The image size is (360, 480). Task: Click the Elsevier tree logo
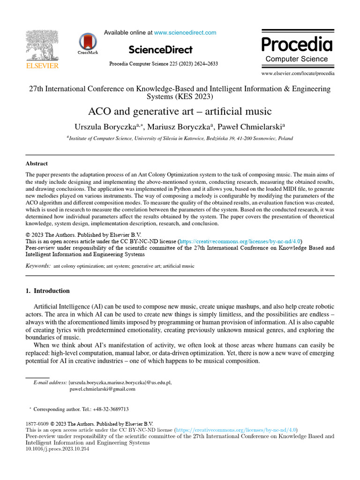click(42, 47)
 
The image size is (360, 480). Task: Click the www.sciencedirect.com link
click(185, 33)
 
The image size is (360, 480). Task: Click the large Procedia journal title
click(296, 45)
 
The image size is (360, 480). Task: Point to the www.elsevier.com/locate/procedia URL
click(298, 74)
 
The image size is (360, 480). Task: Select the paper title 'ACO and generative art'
click(180, 112)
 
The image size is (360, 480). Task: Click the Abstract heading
click(37, 164)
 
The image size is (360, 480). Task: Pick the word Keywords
click(37, 266)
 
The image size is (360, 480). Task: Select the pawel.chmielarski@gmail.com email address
click(102, 389)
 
